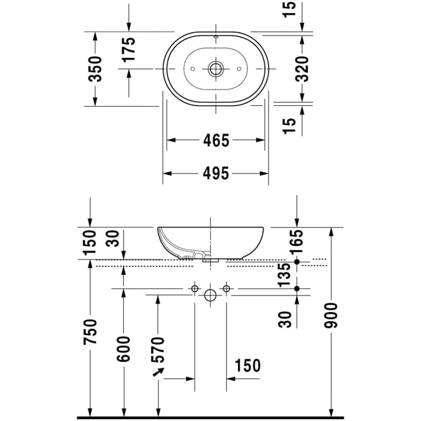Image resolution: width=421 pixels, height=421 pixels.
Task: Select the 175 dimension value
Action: [128, 49]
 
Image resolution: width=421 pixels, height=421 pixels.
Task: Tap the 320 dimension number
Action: [303, 69]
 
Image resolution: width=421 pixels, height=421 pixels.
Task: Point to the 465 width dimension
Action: [216, 140]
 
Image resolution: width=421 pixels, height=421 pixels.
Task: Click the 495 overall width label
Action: [216, 173]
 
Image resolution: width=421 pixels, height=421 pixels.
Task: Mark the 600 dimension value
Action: [124, 349]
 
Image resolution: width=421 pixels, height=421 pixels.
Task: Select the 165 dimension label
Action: [297, 242]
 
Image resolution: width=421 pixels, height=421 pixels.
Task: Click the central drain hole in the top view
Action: [216, 69]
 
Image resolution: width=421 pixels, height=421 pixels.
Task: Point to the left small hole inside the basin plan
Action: [192, 69]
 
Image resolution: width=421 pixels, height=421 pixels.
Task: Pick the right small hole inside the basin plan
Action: [239, 69]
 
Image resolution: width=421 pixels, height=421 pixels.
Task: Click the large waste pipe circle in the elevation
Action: [210, 296]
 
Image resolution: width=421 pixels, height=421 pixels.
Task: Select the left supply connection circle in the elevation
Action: [195, 288]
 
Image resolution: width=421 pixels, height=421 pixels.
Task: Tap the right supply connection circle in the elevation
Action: [226, 288]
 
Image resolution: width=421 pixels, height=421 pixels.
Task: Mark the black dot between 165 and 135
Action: [297, 262]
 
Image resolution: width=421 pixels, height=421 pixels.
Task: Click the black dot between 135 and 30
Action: [297, 288]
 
